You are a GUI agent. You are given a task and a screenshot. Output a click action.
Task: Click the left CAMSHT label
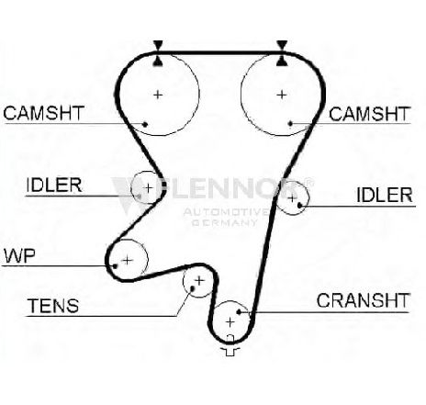pos(43,113)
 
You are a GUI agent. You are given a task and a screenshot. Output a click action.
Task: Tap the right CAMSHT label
pos(369,114)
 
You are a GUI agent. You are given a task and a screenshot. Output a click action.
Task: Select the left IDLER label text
pos(54,185)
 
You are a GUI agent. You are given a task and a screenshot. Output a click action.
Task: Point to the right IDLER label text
pos(385,195)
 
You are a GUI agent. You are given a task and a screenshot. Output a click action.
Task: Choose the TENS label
pos(53,306)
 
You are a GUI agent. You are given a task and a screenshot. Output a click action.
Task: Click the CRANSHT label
pos(363,300)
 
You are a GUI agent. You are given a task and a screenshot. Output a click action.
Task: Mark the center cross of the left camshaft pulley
pos(158,95)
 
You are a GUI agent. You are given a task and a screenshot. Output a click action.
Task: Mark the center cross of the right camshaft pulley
pos(282,95)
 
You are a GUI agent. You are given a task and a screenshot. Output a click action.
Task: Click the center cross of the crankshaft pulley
pos(230,322)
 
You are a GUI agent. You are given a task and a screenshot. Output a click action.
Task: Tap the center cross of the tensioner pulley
pos(199,280)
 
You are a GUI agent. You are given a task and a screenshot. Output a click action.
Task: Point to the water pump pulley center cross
pos(128,261)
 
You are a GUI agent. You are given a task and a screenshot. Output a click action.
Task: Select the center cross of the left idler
pos(148,187)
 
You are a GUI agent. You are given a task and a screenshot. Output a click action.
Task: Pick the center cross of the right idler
pos(292,198)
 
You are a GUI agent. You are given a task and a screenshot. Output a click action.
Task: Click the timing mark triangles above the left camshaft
pos(158,53)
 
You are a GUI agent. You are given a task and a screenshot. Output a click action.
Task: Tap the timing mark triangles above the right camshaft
pos(282,53)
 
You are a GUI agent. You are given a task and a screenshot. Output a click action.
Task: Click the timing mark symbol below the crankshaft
pos(230,345)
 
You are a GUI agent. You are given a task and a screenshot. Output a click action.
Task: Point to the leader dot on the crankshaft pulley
pos(239,312)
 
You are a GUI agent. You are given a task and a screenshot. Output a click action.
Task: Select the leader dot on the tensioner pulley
pos(193,288)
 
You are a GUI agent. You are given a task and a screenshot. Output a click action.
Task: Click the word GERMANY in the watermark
pos(224,222)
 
